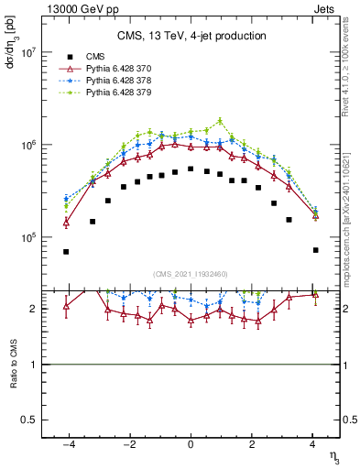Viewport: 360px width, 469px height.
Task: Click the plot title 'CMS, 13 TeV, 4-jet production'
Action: (191, 36)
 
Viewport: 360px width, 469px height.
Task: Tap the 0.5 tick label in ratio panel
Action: (33, 420)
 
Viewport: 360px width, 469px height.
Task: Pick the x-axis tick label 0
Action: (191, 446)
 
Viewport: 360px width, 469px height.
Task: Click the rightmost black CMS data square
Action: (315, 250)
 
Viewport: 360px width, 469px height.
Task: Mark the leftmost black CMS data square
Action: (66, 251)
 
